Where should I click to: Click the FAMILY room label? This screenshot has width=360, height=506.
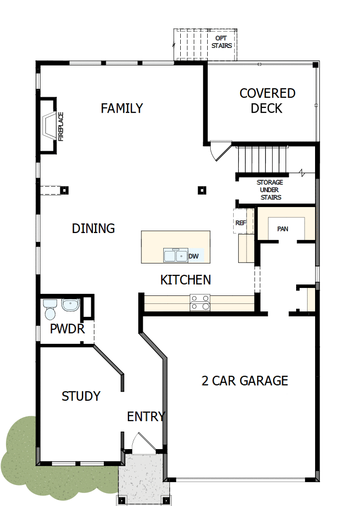coord(122,108)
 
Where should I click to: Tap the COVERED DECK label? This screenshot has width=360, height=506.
coord(267,101)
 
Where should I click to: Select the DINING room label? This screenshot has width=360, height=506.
coord(93,229)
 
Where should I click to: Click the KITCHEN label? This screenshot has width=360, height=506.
coord(185,280)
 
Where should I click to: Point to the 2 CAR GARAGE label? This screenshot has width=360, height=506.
coord(245,381)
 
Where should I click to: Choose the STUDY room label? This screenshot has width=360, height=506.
coord(81,396)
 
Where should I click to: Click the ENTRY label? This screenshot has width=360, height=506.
coord(146,417)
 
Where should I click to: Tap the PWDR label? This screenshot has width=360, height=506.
coord(67,329)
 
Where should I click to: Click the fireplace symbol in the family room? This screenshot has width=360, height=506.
coord(50,124)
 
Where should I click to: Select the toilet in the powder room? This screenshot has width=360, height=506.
coord(50,309)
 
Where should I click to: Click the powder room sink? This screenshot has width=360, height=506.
coord(70,305)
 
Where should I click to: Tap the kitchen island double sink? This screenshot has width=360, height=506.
coord(175,255)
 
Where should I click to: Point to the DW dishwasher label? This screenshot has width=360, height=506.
coord(194,256)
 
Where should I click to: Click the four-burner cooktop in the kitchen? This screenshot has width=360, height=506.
coord(200,303)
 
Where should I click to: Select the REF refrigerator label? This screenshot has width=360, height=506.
coord(241,223)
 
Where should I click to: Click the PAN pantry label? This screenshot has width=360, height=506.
coord(283,229)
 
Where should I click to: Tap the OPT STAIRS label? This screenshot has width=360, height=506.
coord(221,42)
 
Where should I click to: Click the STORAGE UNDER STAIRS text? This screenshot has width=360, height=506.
coord(270,190)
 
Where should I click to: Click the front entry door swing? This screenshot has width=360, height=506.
coord(141,443)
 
